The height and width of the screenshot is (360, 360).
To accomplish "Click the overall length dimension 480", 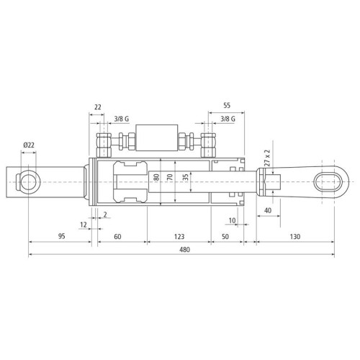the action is click(x=184, y=250).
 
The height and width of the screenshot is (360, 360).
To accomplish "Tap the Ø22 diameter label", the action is click(x=29, y=145).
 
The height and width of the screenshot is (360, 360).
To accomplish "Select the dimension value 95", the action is click(x=62, y=236).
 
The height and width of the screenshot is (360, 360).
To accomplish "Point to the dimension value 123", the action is click(x=179, y=237).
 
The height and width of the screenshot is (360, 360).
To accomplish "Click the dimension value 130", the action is click(x=295, y=237).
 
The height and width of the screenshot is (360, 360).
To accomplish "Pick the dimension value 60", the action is click(x=117, y=237).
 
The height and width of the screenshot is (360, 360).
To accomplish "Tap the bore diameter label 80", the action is click(x=156, y=177).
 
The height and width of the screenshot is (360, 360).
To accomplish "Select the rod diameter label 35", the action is click(x=185, y=177).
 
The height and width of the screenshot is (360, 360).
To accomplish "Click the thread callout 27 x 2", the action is click(x=267, y=158).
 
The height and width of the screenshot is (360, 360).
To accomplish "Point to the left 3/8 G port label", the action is click(x=122, y=119).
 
